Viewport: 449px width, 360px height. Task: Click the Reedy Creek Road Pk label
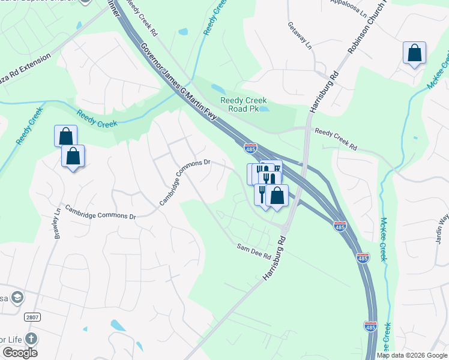pyautogui.click(x=243, y=105)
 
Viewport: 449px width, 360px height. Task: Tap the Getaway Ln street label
pyautogui.click(x=300, y=35)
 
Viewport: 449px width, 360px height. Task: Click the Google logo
pyautogui.click(x=20, y=353)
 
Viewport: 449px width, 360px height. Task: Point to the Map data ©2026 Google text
pyautogui.click(x=412, y=355)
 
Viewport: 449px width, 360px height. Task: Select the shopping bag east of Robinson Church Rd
pyautogui.click(x=414, y=53)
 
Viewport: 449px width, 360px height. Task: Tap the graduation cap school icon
pyautogui.click(x=17, y=298)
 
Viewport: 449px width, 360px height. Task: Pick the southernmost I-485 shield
pyautogui.click(x=370, y=326)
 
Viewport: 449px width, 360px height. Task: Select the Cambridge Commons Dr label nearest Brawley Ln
pyautogui.click(x=101, y=212)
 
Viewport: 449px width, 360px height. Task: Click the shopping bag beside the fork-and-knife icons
pyautogui.click(x=277, y=195)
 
